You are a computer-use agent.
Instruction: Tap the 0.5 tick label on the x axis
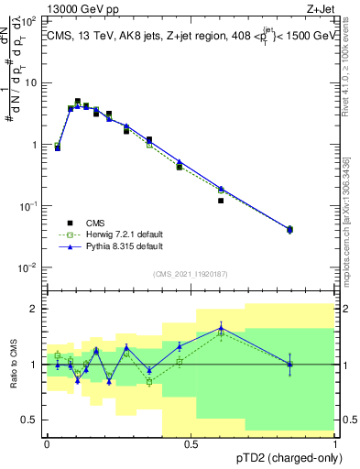tap(191, 443)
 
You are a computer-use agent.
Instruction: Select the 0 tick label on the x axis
tap(47, 443)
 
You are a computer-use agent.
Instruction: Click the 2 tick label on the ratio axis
tap(35, 309)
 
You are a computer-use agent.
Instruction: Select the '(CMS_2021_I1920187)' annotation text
tap(191, 274)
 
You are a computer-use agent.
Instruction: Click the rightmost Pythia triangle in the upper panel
tap(290, 229)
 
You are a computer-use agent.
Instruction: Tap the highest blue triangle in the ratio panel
tap(221, 328)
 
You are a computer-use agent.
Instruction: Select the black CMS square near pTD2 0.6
tap(221, 201)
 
